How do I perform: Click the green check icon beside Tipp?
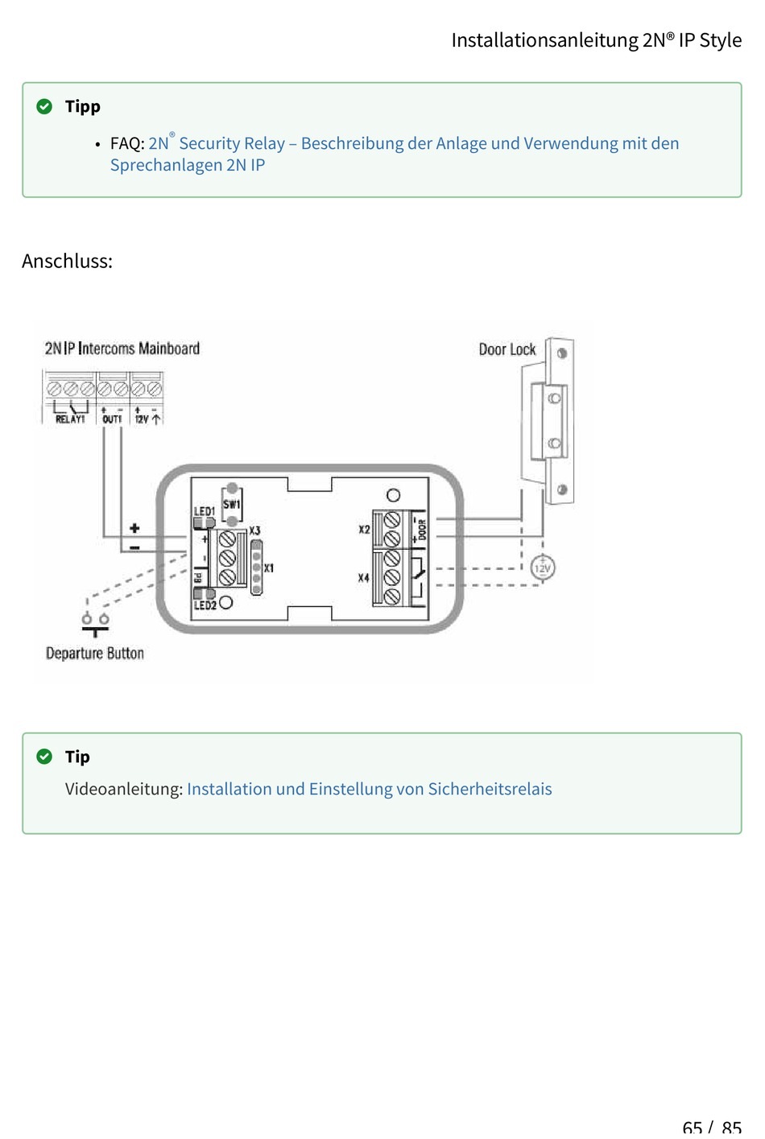45,106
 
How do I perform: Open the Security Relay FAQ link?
413,144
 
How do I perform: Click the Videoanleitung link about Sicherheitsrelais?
369,789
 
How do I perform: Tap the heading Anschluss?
67,261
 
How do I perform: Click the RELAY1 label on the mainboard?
70,419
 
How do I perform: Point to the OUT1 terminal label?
112,419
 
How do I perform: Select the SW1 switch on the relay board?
231,505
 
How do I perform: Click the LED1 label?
204,511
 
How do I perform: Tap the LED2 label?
205,605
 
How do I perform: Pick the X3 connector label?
254,531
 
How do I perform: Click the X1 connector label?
269,568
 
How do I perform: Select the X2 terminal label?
364,530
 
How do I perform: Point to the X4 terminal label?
363,578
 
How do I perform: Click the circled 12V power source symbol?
543,568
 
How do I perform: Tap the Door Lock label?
507,349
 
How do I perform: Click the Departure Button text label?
95,654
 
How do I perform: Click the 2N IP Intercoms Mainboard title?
122,349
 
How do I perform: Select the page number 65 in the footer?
692,1128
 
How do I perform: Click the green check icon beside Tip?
45,757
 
